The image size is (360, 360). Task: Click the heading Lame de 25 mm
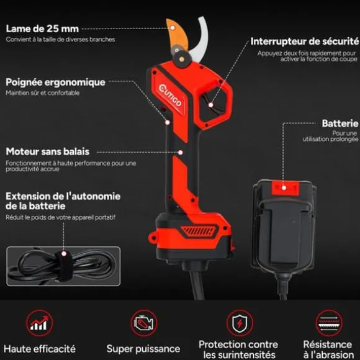point(42,29)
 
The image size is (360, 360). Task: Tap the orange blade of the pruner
point(177,34)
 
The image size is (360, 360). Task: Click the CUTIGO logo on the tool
point(170,96)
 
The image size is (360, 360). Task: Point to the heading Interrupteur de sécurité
point(305,42)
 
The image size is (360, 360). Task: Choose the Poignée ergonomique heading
point(56,83)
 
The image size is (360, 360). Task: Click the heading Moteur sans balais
point(48,151)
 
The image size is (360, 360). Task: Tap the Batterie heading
point(340,124)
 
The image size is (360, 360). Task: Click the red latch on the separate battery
point(285,188)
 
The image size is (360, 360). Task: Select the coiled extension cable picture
point(63,266)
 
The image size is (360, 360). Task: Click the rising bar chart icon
point(40,323)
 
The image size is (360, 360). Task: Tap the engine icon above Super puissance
point(144,323)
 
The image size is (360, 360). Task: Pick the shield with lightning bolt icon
point(240,323)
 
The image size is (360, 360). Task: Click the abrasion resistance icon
point(329,323)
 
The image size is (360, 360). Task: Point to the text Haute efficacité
point(40,349)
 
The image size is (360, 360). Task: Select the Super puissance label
point(143,349)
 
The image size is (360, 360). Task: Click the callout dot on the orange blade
point(173,28)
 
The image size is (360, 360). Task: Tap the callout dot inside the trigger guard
point(211,105)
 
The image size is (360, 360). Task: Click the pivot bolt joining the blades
point(182,59)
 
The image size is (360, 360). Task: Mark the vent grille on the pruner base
point(199,231)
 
